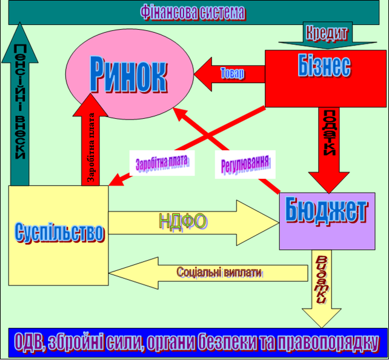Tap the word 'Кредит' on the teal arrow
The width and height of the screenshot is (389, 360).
(x=327, y=32)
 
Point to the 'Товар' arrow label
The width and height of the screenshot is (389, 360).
(x=232, y=74)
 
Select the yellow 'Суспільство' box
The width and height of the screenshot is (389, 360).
(x=58, y=234)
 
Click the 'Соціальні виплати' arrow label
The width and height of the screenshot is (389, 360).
(x=219, y=272)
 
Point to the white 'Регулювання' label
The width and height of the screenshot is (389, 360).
(x=245, y=164)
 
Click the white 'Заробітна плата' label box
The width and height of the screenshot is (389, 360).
(x=162, y=163)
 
